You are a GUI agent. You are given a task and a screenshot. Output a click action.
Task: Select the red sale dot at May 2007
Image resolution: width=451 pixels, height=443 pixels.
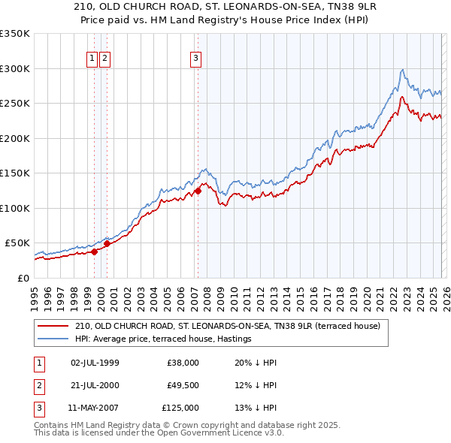(x=198, y=191)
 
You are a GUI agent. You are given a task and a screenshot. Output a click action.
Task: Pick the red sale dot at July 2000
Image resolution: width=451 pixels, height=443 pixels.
(x=107, y=243)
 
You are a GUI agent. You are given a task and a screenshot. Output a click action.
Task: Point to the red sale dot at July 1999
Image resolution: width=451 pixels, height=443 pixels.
(x=94, y=252)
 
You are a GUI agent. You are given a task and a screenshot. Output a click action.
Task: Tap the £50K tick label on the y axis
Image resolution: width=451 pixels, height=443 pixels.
(x=17, y=243)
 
